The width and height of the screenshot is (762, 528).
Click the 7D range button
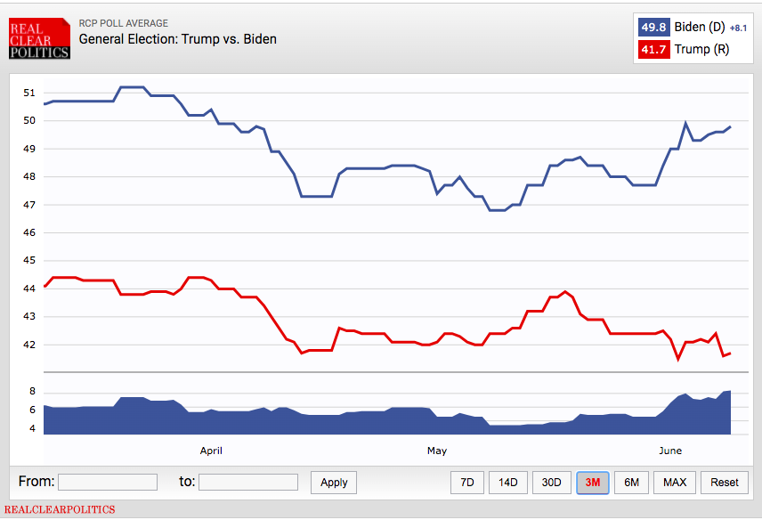[x=466, y=483]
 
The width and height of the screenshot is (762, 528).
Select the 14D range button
[x=507, y=483]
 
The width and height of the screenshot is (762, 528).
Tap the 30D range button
[x=552, y=483]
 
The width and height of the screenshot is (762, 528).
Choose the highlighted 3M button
[x=592, y=483]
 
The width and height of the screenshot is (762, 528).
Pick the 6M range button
[x=631, y=483]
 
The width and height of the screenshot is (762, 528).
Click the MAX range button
[x=675, y=483]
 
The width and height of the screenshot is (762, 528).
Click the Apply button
[x=334, y=483]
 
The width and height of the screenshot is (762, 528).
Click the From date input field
[x=108, y=482]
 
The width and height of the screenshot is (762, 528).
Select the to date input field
[x=248, y=482]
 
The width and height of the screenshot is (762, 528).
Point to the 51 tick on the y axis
[x=29, y=93]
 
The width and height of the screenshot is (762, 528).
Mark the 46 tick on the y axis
[x=29, y=232]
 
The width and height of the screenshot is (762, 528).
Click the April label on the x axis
[x=211, y=451]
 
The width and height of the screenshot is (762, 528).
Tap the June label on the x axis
[x=670, y=451]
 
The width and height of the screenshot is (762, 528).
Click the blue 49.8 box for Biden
[x=654, y=27]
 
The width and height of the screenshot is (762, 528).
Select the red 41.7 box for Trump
[x=654, y=50]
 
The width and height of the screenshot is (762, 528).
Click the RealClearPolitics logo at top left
[x=39, y=40]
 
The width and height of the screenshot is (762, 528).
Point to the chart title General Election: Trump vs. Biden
[x=177, y=39]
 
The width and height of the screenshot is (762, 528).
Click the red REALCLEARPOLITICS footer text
[x=60, y=510]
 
